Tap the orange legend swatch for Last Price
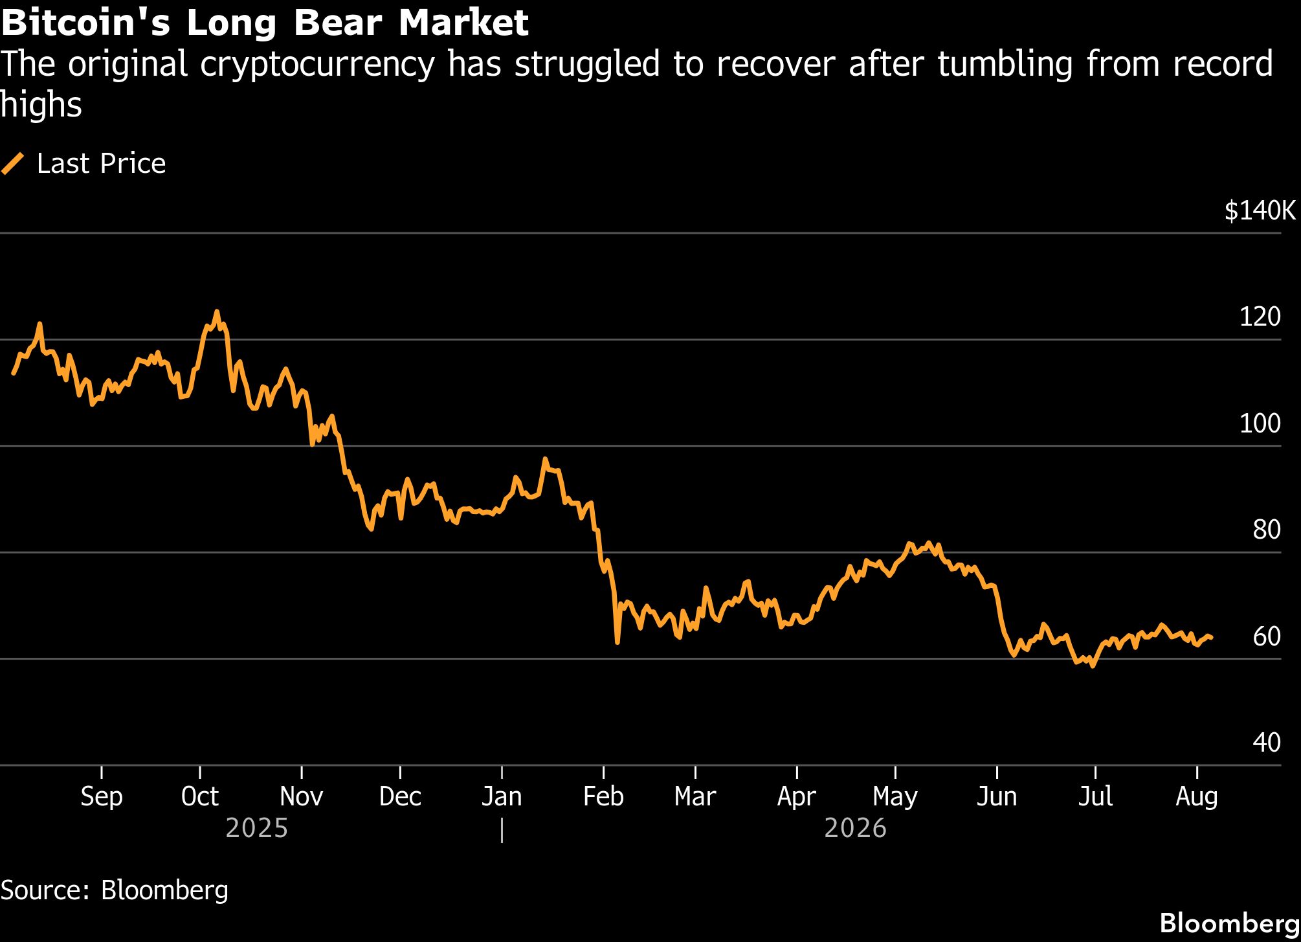pyautogui.click(x=13, y=163)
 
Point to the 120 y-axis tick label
pyautogui.click(x=1260, y=317)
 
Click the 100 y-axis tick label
pyautogui.click(x=1260, y=423)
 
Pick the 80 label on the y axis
pyautogui.click(x=1267, y=530)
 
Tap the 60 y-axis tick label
pyautogui.click(x=1267, y=636)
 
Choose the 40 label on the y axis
pyautogui.click(x=1267, y=743)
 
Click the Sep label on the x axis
pyautogui.click(x=102, y=797)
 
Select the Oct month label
pyautogui.click(x=200, y=796)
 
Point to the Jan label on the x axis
pyautogui.click(x=502, y=796)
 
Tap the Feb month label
pyautogui.click(x=603, y=796)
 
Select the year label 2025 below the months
pyautogui.click(x=257, y=829)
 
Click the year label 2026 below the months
pyautogui.click(x=855, y=829)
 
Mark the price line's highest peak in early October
pyautogui.click(x=217, y=311)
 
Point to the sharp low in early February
pyautogui.click(x=617, y=642)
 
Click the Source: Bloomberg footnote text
pyautogui.click(x=115, y=890)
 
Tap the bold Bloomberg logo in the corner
pyautogui.click(x=1229, y=923)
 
